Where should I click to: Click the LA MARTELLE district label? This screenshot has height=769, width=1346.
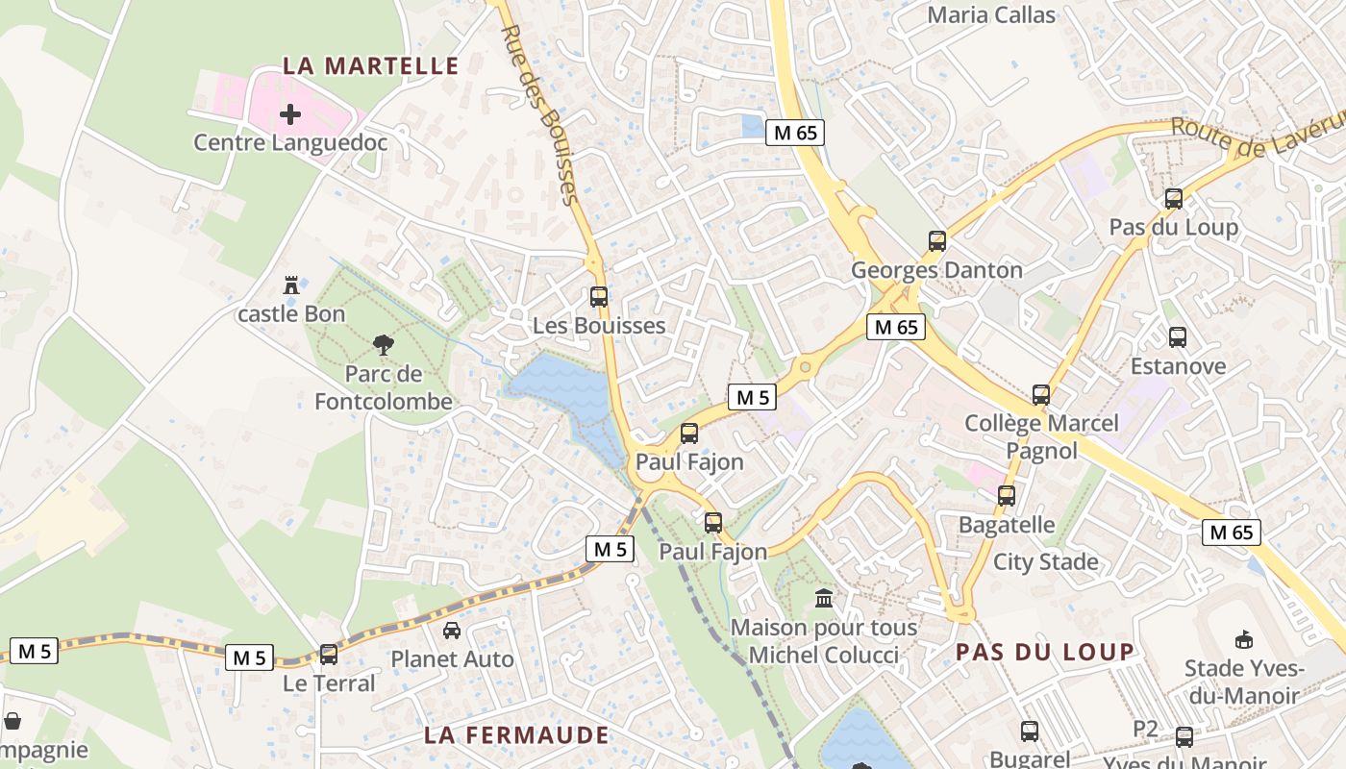point(370,65)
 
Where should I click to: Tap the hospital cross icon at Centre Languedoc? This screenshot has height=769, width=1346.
point(289,114)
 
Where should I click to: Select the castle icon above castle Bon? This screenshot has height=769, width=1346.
point(290,285)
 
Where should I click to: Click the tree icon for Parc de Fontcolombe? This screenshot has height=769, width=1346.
point(383,344)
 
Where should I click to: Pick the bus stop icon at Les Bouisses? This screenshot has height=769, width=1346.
point(599,297)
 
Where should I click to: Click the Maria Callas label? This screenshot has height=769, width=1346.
point(991,14)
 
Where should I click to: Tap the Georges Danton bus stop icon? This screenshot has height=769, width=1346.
point(937,241)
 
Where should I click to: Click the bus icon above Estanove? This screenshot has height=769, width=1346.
point(1178,337)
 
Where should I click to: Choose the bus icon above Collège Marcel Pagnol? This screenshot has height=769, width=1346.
point(1041,394)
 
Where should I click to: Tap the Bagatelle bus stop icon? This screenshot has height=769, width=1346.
point(1007,496)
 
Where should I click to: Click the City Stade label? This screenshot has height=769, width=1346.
point(1045,561)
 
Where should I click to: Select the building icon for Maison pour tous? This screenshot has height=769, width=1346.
point(824,599)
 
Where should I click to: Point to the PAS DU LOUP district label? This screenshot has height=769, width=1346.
point(1044,652)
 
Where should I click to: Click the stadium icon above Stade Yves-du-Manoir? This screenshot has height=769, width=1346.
point(1242,639)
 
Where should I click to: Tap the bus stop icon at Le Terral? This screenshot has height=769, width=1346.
point(329,655)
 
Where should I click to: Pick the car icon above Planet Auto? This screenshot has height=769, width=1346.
point(451,631)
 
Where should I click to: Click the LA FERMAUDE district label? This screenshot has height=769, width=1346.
point(517,735)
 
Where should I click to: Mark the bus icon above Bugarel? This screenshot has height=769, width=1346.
point(1030,731)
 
